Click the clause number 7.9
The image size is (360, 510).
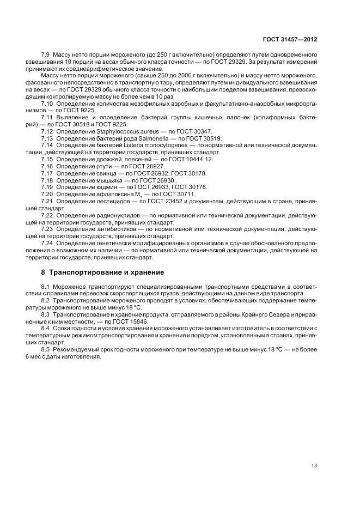click(x=46, y=56)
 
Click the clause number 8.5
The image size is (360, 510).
click(x=46, y=349)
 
